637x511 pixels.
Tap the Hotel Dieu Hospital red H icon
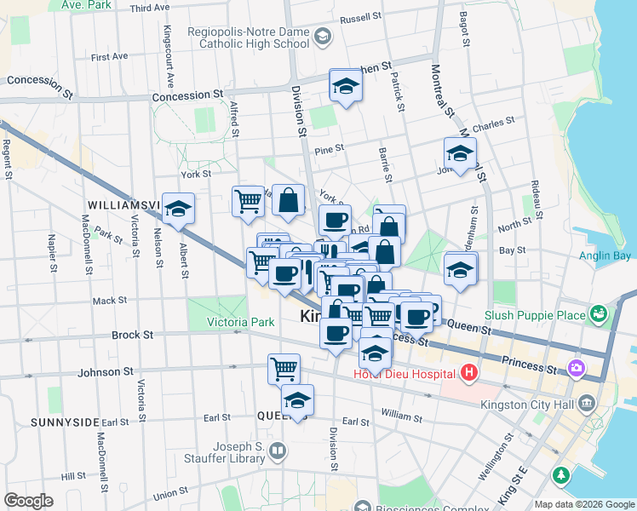click(x=468, y=372)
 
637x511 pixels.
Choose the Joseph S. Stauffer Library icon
click(x=277, y=450)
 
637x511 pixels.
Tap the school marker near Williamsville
click(x=178, y=208)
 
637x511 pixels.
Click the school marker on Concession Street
click(x=345, y=85)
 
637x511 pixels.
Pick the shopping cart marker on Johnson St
click(x=284, y=368)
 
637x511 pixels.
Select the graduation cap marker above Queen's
click(x=297, y=399)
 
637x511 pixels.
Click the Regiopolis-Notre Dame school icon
click(x=322, y=36)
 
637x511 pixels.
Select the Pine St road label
click(x=329, y=148)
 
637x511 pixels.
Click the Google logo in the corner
click(x=28, y=501)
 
